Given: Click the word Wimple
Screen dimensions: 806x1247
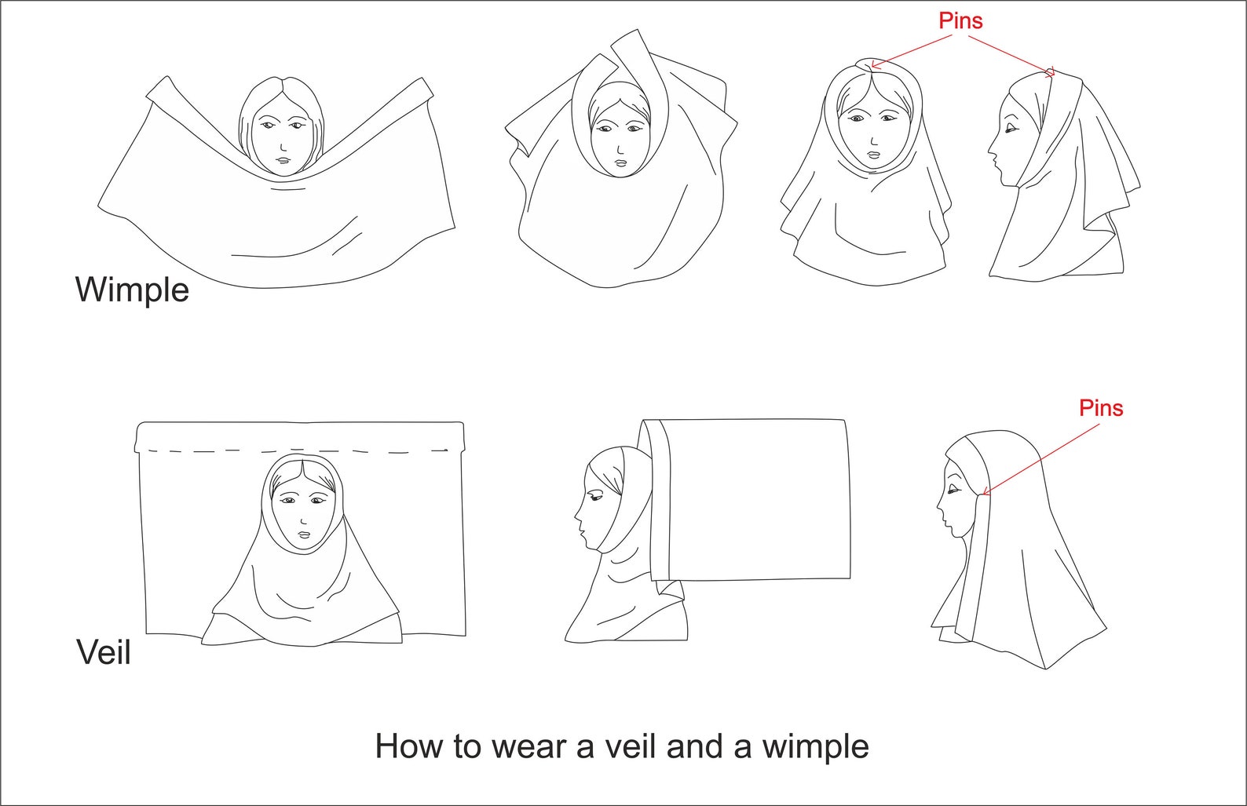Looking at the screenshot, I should [132, 290].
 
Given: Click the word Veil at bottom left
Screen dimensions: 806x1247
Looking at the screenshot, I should [103, 652].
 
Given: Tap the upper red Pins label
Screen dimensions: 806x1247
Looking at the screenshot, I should [960, 21].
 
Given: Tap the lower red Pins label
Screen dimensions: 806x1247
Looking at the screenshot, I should [1100, 408].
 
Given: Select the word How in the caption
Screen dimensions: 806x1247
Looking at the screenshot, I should [408, 746].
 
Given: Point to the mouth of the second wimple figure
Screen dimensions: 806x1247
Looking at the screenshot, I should [620, 163].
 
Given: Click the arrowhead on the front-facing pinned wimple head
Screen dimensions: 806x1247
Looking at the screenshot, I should [874, 66].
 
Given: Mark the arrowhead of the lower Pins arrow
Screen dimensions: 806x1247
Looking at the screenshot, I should [985, 494].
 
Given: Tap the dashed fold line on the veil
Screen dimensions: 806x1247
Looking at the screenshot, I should [298, 451].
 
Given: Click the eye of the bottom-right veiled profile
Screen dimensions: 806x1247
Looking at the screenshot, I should [954, 490].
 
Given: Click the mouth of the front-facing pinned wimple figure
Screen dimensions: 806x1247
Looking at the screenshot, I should [874, 154].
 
